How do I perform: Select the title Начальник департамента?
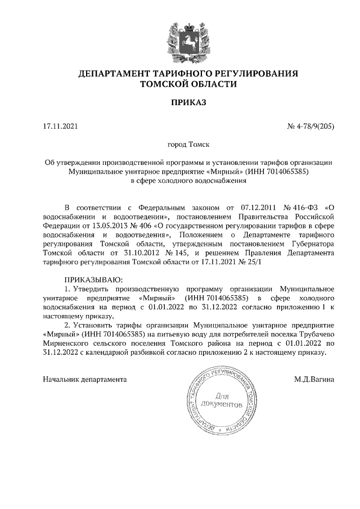[85, 363]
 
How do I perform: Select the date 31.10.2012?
[155, 253]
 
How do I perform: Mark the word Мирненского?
[69, 343]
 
